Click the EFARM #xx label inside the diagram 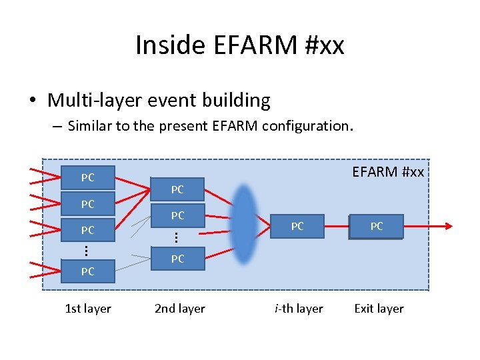(x=387, y=172)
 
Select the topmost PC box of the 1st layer (x=88, y=178)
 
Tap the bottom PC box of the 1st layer (x=88, y=271)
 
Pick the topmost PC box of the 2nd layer (x=177, y=190)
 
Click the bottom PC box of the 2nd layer (x=177, y=259)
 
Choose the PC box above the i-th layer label (x=297, y=227)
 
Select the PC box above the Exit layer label (x=377, y=227)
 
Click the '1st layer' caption (x=88, y=309)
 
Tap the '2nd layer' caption (x=180, y=309)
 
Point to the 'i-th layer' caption (x=299, y=309)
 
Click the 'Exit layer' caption (x=379, y=309)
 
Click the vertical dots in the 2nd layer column (x=175, y=237)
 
